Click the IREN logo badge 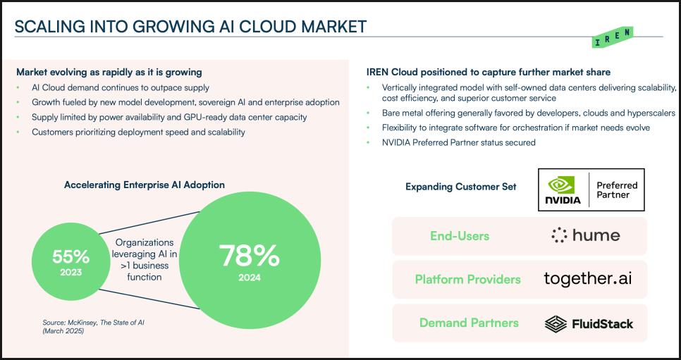pyautogui.click(x=613, y=37)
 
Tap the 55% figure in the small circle pyautogui.click(x=70, y=256)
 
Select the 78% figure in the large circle pyautogui.click(x=250, y=256)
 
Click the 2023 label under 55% pyautogui.click(x=70, y=273)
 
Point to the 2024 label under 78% pyautogui.click(x=250, y=278)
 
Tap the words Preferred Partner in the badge pyautogui.click(x=617, y=190)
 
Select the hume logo pyautogui.click(x=585, y=235)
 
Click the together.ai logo pyautogui.click(x=588, y=279)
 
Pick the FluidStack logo pyautogui.click(x=589, y=323)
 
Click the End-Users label pyautogui.click(x=460, y=236)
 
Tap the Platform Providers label pyautogui.click(x=468, y=279)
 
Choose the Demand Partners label pyautogui.click(x=469, y=323)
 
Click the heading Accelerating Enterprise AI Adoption pyautogui.click(x=145, y=185)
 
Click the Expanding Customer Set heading pyautogui.click(x=461, y=187)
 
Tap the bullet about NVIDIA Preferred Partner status pyautogui.click(x=459, y=142)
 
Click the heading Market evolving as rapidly pyautogui.click(x=109, y=72)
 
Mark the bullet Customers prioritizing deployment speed pyautogui.click(x=138, y=132)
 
